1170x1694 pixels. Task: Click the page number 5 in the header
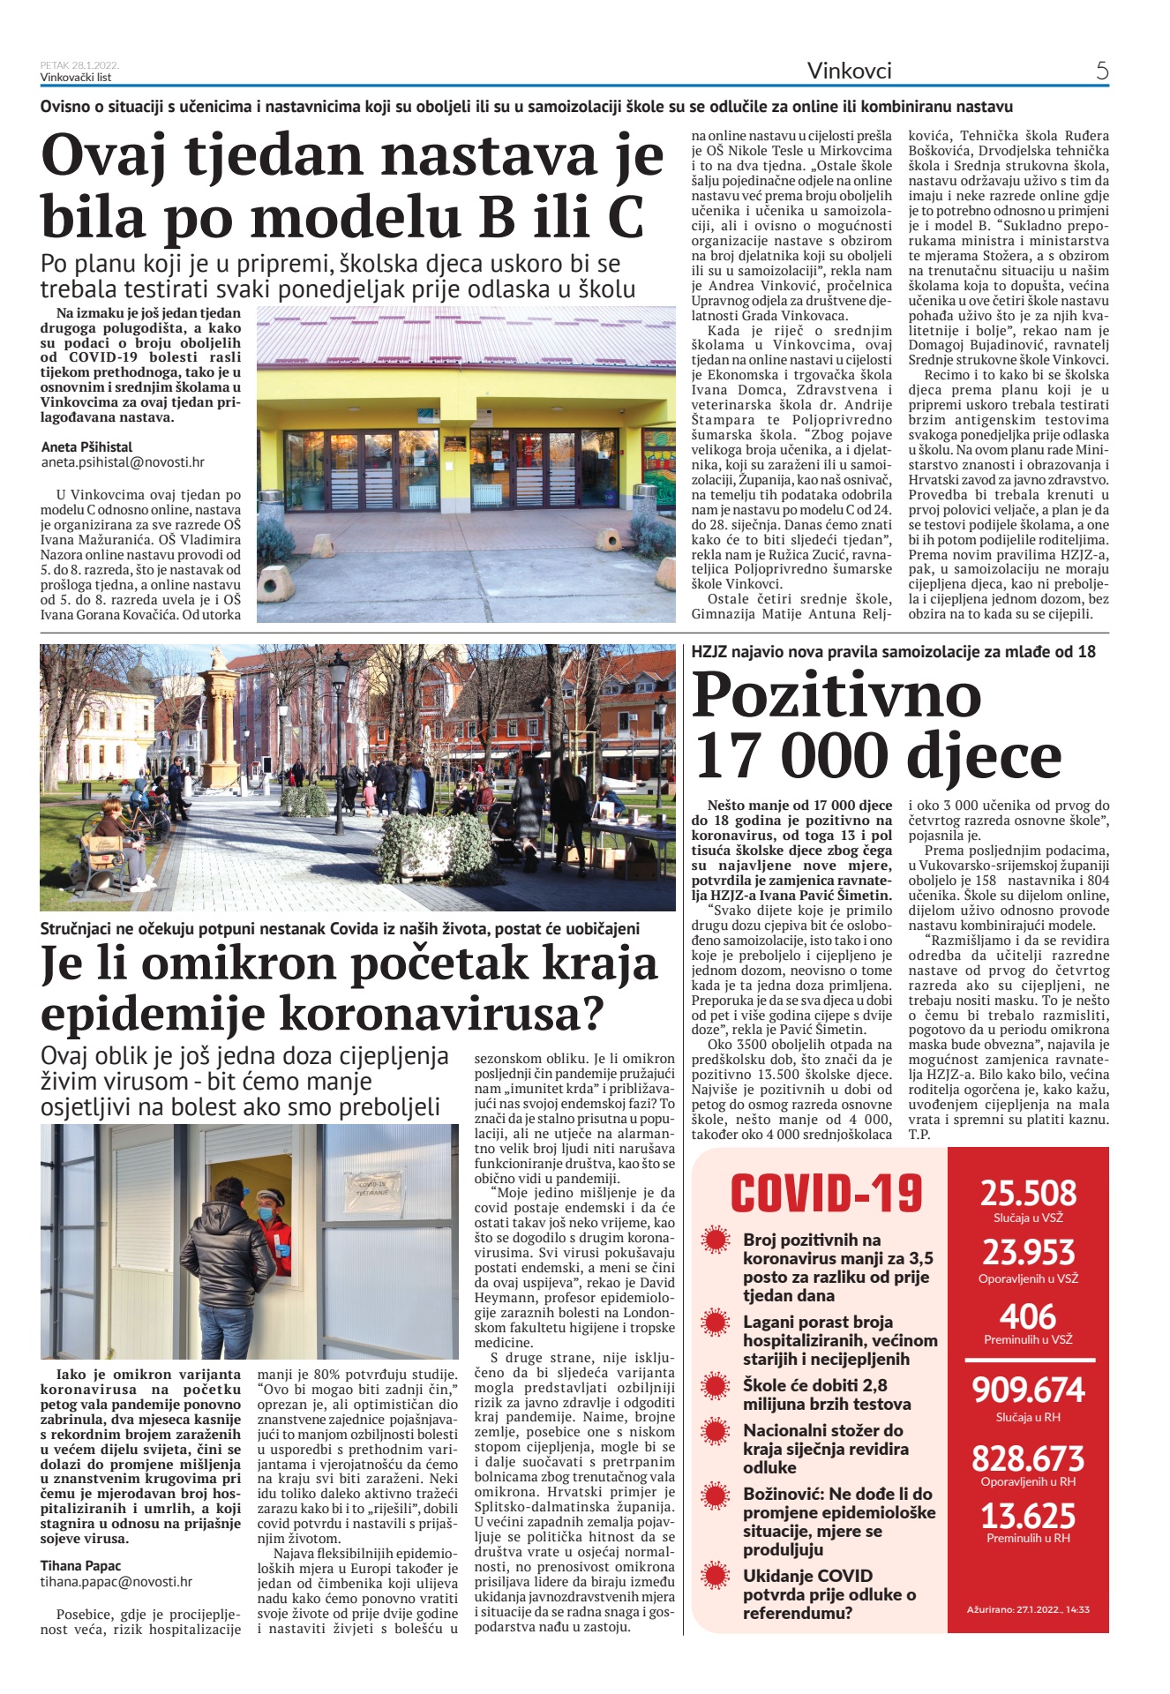point(1101,71)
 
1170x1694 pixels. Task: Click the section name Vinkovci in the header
point(849,71)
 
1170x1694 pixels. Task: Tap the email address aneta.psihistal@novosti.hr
point(123,461)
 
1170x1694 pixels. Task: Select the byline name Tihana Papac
point(80,1565)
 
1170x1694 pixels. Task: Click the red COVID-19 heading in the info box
point(826,1194)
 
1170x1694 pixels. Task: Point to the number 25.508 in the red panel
point(1028,1193)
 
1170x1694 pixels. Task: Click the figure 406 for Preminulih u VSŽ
point(1028,1316)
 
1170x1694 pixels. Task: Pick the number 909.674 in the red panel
point(1028,1390)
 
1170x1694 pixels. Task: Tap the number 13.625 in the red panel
point(1028,1516)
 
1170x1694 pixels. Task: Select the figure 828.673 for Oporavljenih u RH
point(1028,1458)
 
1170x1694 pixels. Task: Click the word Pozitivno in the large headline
point(836,695)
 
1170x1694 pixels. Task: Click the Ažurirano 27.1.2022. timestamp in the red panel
point(1028,1609)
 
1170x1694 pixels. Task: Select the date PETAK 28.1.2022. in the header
point(79,65)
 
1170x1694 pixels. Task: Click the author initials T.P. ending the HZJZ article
point(919,1135)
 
